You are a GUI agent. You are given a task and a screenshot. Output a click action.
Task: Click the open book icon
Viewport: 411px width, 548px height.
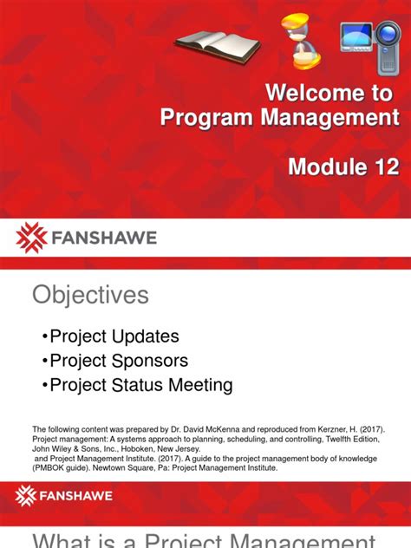coord(217,43)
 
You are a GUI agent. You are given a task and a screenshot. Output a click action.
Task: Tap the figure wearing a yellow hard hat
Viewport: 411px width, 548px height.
coord(301,42)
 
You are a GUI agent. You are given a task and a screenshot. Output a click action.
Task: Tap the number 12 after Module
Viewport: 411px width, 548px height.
coord(382,167)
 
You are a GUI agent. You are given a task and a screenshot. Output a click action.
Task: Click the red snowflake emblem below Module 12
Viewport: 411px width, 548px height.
coord(31,237)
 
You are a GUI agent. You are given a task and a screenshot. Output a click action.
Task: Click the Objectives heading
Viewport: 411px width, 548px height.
coord(90,296)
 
